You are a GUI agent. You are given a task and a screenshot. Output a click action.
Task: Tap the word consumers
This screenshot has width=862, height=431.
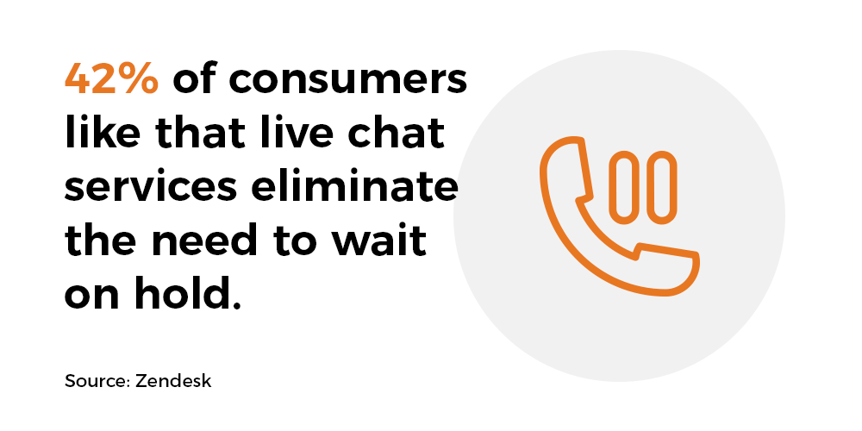[347, 80]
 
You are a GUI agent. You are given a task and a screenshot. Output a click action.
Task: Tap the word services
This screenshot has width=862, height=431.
[151, 187]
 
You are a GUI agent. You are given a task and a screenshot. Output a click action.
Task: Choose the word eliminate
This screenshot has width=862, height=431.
[354, 187]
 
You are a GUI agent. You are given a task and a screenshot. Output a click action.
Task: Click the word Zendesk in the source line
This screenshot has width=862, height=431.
[173, 381]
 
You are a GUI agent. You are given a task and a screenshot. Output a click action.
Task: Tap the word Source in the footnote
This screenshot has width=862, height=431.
[97, 381]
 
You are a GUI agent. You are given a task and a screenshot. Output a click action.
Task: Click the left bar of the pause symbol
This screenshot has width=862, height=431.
[626, 187]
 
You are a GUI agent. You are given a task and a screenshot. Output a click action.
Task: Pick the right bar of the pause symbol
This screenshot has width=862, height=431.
[661, 187]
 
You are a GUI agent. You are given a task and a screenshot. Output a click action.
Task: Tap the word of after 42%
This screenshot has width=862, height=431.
[193, 80]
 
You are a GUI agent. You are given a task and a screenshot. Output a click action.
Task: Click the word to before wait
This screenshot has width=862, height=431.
[299, 242]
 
